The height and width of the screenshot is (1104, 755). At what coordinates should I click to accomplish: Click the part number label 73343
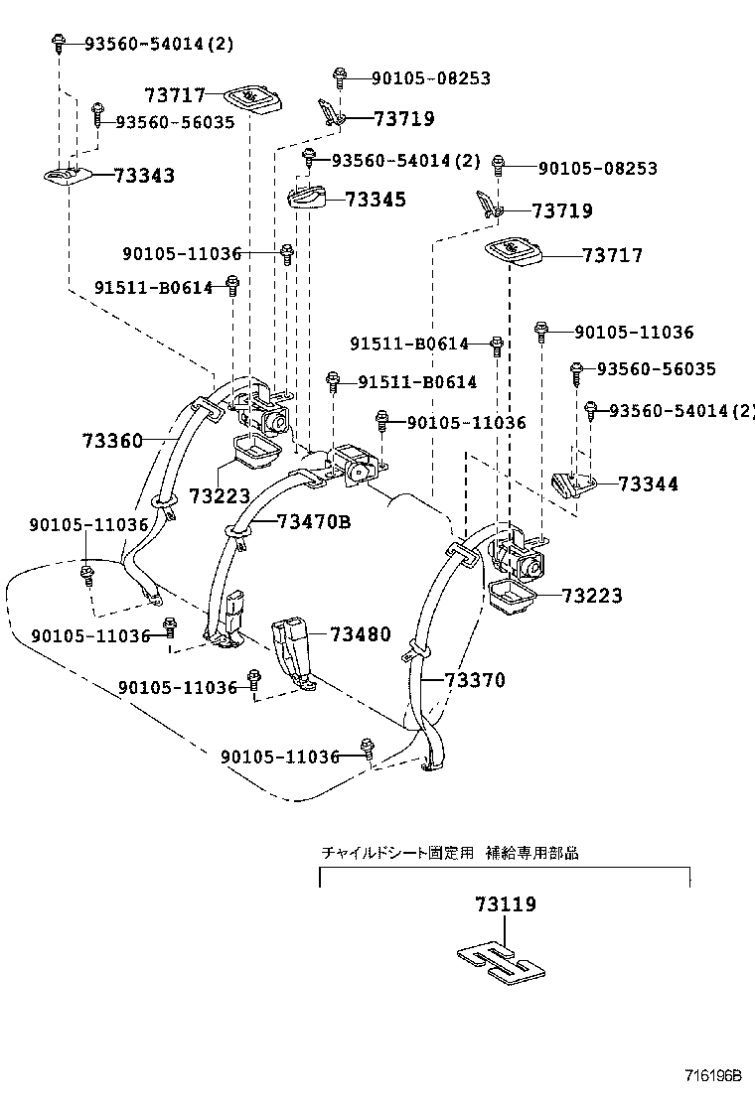(144, 176)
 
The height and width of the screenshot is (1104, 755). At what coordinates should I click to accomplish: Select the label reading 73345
(376, 200)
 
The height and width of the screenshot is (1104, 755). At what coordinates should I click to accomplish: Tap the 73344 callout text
(648, 483)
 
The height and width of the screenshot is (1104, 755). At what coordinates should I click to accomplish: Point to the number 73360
(112, 440)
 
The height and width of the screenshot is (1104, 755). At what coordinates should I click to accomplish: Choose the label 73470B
(314, 521)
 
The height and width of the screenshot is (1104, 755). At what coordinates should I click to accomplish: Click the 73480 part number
(361, 634)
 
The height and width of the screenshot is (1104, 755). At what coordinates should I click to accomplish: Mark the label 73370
(475, 680)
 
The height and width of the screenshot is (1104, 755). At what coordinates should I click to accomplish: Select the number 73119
(505, 904)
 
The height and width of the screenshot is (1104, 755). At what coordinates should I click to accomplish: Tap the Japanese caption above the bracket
(449, 853)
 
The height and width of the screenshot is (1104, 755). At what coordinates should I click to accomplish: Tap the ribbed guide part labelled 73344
(570, 484)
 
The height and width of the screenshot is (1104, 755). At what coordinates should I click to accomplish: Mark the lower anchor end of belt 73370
(434, 762)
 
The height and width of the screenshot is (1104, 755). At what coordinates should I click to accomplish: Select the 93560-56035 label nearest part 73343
(175, 122)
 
